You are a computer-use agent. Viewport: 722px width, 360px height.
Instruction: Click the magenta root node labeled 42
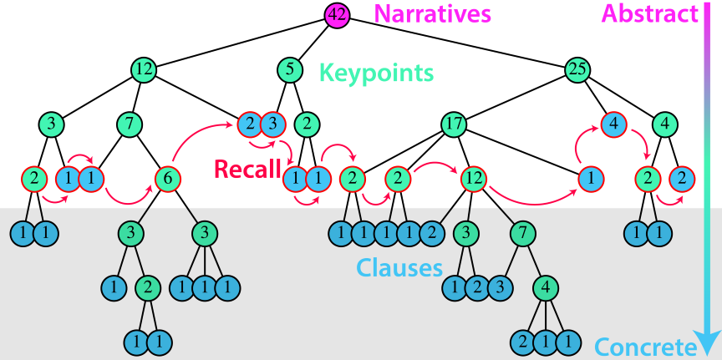[x=337, y=14]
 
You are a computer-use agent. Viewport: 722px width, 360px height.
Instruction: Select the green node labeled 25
[x=576, y=69]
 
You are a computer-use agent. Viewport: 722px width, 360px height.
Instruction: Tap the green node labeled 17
[x=454, y=124]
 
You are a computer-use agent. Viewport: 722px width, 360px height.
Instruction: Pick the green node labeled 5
[x=289, y=69]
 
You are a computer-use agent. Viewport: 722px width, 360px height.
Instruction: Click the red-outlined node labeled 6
[x=168, y=178]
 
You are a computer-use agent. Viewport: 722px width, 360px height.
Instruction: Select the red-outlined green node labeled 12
[x=472, y=178]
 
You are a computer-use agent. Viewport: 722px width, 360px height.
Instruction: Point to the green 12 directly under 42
[x=145, y=69]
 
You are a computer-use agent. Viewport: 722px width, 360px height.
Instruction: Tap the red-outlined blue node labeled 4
[x=613, y=124]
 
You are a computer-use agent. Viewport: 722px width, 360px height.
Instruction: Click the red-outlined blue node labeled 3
[x=272, y=124]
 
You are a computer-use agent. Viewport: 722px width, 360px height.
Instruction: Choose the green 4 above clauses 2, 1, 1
[x=546, y=287]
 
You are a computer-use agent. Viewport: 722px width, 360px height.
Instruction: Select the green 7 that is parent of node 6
[x=128, y=124]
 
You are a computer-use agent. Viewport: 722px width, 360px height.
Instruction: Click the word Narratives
[x=432, y=14]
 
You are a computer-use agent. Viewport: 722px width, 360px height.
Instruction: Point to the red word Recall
[x=247, y=170]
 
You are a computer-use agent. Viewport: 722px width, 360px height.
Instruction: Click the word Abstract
[x=649, y=13]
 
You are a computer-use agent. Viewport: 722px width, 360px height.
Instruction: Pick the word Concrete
[x=644, y=347]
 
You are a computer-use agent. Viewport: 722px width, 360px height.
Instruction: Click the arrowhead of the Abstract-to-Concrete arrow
[x=708, y=342]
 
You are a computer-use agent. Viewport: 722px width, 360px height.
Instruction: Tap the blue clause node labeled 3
[x=499, y=287]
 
